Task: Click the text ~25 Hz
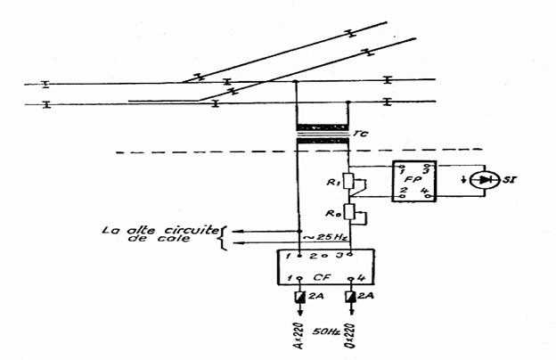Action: (321, 236)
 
